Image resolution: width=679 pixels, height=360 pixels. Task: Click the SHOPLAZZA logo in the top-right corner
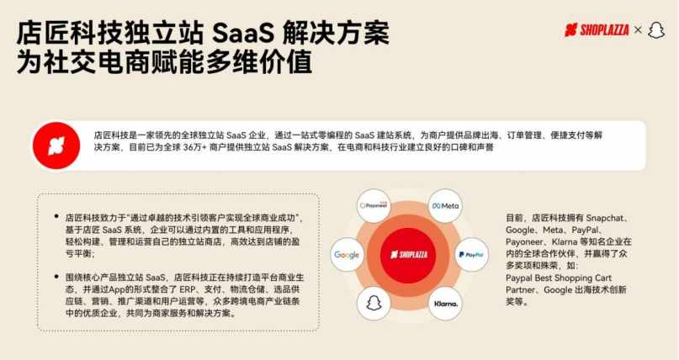pyautogui.click(x=597, y=29)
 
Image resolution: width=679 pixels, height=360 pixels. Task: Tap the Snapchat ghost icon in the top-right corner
pyautogui.click(x=656, y=30)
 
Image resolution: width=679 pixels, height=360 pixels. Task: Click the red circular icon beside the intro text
pyautogui.click(x=56, y=146)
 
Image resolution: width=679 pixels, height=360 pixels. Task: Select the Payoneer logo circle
pyautogui.click(x=374, y=205)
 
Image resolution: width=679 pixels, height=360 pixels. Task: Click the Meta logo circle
pyautogui.click(x=445, y=206)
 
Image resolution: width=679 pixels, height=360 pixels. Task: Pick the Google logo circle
pyautogui.click(x=347, y=255)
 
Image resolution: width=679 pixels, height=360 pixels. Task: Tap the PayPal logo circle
pyautogui.click(x=471, y=255)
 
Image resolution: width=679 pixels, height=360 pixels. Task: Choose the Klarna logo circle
pyautogui.click(x=445, y=304)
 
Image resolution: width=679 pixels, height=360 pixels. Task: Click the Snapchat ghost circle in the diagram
pyautogui.click(x=374, y=304)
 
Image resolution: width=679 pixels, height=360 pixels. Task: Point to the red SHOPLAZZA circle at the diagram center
pyautogui.click(x=409, y=255)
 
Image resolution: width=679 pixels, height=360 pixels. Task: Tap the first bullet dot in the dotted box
pyautogui.click(x=56, y=216)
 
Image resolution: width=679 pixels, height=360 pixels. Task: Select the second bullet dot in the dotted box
pyautogui.click(x=56, y=277)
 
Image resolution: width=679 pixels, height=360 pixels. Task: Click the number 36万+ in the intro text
pyautogui.click(x=194, y=147)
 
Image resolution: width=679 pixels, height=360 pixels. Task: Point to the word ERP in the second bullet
pyautogui.click(x=188, y=289)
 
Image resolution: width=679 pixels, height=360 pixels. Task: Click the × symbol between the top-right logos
pyautogui.click(x=638, y=29)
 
